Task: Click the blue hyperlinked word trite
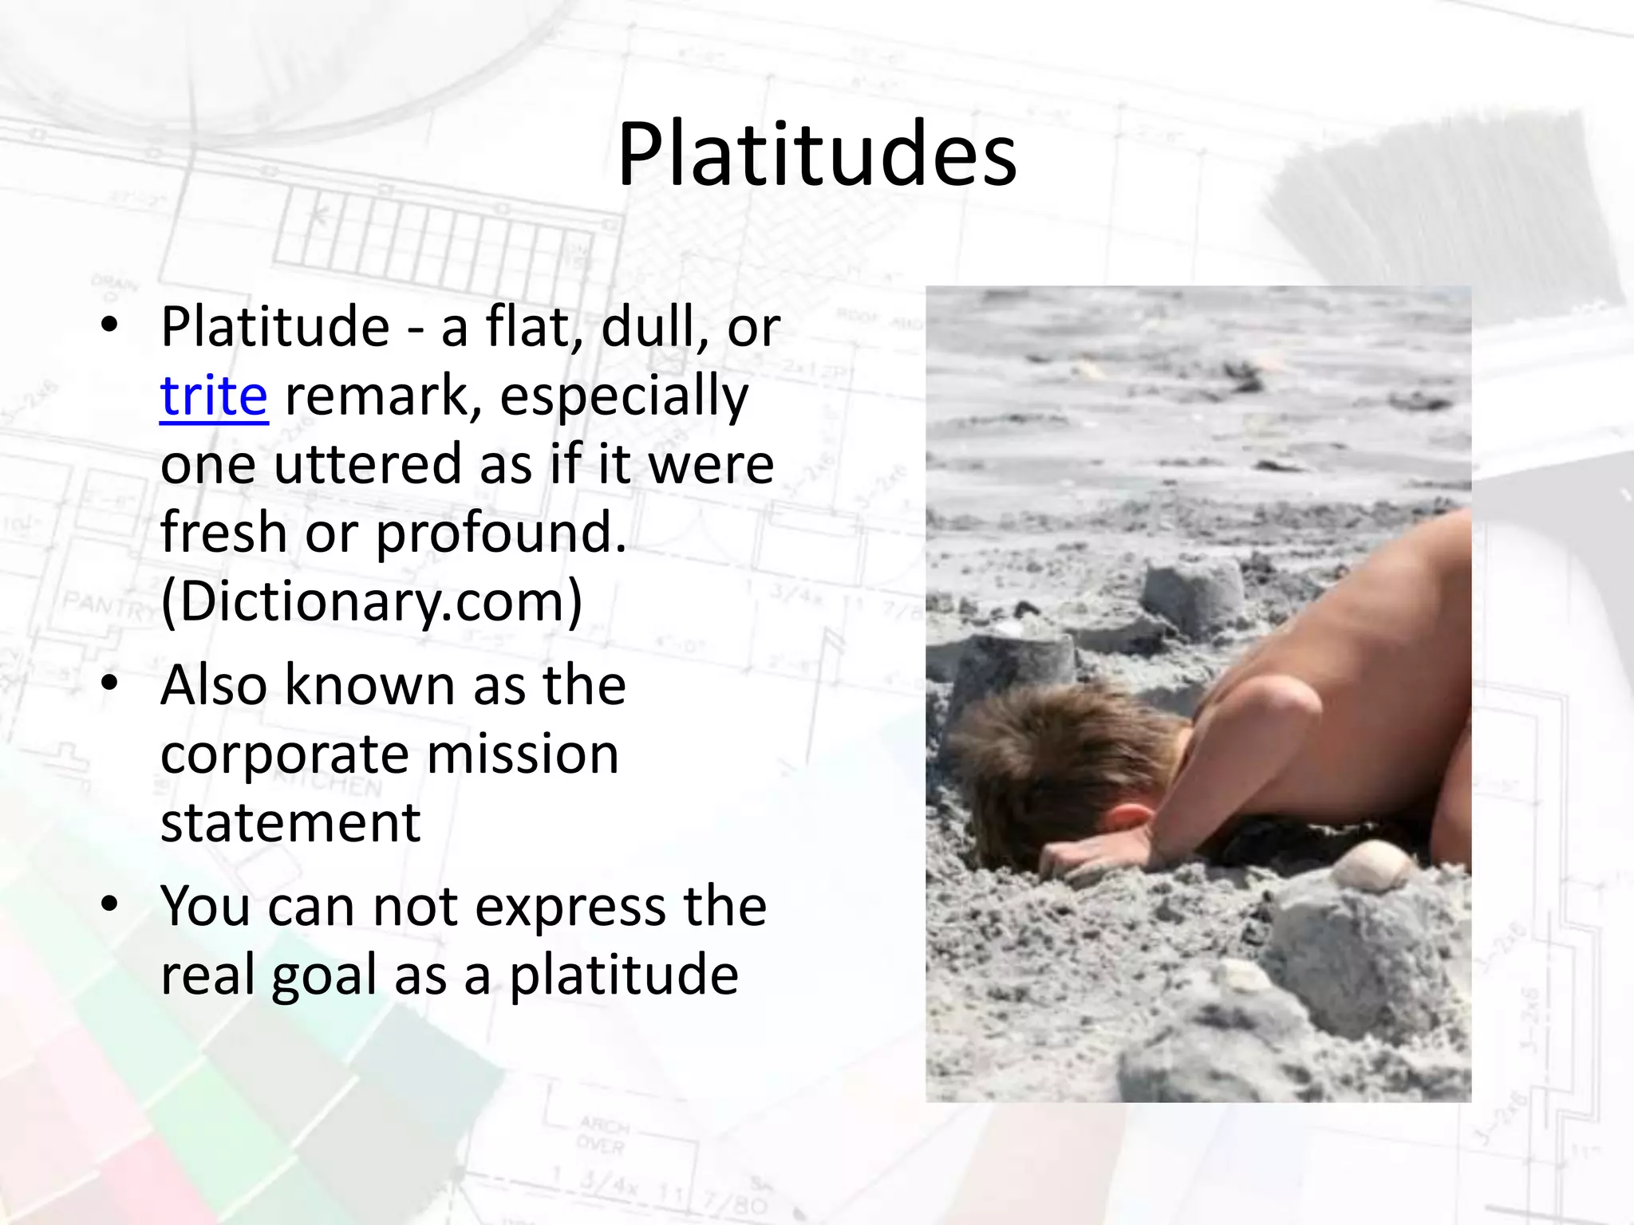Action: coord(214,396)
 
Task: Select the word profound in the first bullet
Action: coord(501,533)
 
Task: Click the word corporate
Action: coord(284,754)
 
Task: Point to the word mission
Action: coord(523,754)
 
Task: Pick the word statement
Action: coord(290,823)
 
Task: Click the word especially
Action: coord(624,396)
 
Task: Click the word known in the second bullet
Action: coord(370,685)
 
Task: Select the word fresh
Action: coord(223,533)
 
